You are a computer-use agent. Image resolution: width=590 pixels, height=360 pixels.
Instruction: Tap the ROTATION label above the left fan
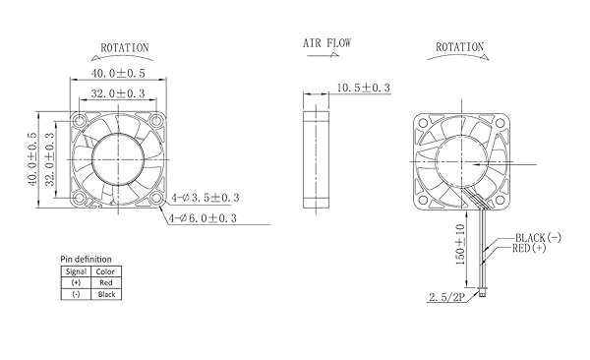pyautogui.click(x=125, y=46)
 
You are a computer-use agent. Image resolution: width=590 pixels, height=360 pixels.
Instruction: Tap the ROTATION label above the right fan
pyautogui.click(x=458, y=46)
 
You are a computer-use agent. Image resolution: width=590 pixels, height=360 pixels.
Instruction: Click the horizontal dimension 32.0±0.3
pyautogui.click(x=118, y=92)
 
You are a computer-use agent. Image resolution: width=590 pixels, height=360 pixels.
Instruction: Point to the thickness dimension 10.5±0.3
pyautogui.click(x=364, y=89)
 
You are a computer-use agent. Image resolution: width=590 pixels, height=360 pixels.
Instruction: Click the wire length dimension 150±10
pyautogui.click(x=460, y=241)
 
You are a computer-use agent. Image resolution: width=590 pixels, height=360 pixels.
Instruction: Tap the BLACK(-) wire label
pyautogui.click(x=538, y=238)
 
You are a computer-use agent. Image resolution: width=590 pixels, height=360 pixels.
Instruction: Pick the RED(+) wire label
pyautogui.click(x=531, y=250)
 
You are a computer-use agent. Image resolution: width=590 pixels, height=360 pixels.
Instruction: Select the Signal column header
pyautogui.click(x=76, y=270)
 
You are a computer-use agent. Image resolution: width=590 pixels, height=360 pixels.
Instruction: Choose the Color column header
pyautogui.click(x=105, y=270)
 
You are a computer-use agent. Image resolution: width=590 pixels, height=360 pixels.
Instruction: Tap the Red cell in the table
pyautogui.click(x=105, y=281)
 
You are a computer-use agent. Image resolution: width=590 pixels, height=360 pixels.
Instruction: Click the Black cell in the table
pyautogui.click(x=105, y=293)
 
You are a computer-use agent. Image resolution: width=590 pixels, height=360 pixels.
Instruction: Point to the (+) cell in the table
pyautogui.click(x=76, y=281)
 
